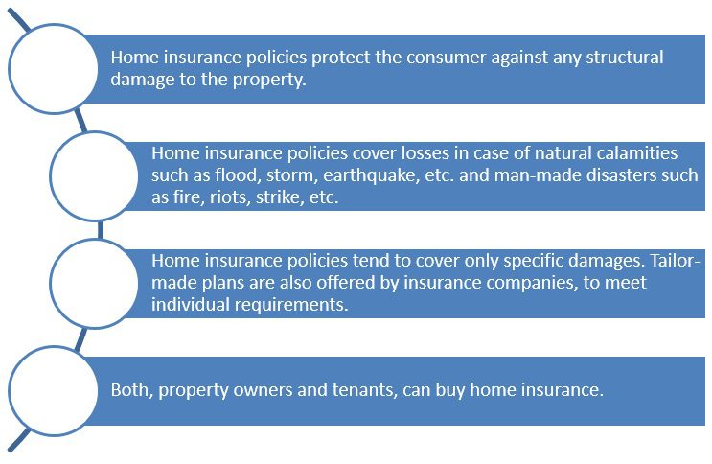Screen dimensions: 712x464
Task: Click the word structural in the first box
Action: pyautogui.click(x=625, y=58)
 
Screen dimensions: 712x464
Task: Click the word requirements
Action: pyautogui.click(x=291, y=305)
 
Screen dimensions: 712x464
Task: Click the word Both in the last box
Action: pyautogui.click(x=131, y=390)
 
